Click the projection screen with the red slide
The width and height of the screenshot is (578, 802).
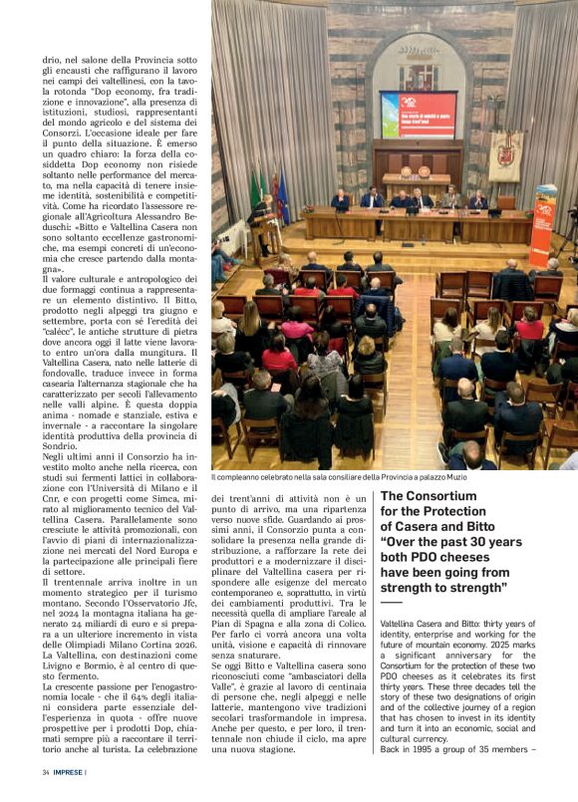click(x=419, y=114)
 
